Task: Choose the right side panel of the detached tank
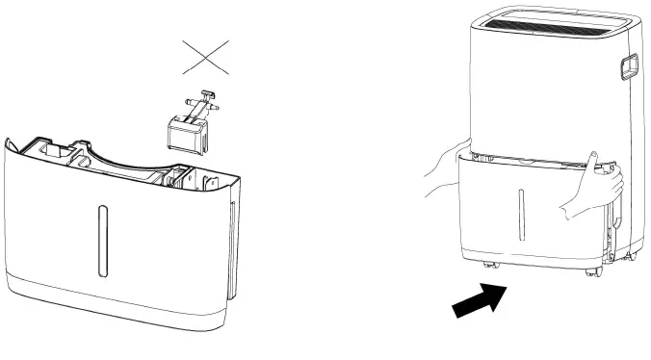point(231,241)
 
